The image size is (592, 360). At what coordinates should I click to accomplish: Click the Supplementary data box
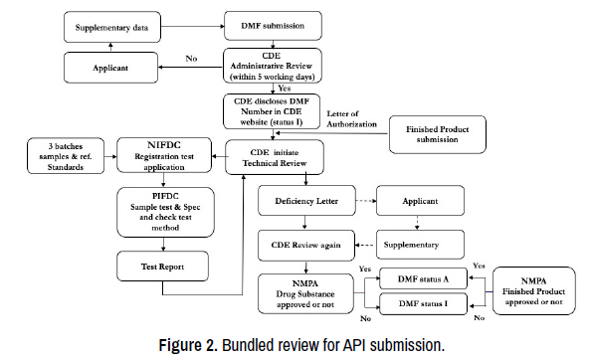112,27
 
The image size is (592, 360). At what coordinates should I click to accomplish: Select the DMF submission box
273,25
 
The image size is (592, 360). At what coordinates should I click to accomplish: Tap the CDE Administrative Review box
273,66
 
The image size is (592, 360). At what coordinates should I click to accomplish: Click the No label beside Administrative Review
191,59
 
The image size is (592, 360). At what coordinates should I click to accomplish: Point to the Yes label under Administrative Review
285,89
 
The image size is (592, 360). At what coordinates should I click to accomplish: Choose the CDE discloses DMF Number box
272,111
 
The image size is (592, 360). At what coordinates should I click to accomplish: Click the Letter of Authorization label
351,119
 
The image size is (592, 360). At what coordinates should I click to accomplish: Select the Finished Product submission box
438,134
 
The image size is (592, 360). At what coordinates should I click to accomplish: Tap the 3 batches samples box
66,156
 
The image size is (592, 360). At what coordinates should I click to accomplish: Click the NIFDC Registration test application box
164,155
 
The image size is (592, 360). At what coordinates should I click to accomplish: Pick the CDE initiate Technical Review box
275,157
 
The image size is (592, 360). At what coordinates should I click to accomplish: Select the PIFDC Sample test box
165,212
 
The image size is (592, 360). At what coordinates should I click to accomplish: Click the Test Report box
163,267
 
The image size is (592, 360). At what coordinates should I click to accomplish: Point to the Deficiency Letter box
306,200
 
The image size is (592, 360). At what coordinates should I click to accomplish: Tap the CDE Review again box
306,246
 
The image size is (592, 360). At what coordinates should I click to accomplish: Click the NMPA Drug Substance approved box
305,293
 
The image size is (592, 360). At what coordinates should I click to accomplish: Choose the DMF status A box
423,278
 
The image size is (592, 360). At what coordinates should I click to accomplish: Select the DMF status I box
423,303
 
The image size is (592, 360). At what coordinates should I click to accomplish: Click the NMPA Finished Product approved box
534,291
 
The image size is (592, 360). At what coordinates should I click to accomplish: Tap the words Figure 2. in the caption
188,345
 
